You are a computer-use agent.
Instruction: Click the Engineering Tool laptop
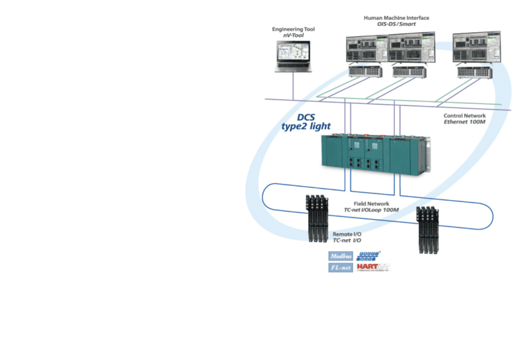293,56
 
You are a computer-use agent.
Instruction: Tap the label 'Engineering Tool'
293,29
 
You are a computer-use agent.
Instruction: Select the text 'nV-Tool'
293,35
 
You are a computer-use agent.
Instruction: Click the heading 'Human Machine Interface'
396,18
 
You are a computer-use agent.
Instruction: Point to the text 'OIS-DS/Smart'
396,24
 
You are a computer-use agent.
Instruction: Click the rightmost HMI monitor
476,49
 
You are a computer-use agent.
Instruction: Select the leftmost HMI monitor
367,49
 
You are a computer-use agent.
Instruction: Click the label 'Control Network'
464,115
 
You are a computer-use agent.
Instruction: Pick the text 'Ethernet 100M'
464,122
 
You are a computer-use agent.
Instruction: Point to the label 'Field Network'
371,203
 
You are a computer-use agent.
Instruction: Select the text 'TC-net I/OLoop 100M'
371,210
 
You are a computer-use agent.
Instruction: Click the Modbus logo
341,256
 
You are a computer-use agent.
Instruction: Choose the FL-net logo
341,267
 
